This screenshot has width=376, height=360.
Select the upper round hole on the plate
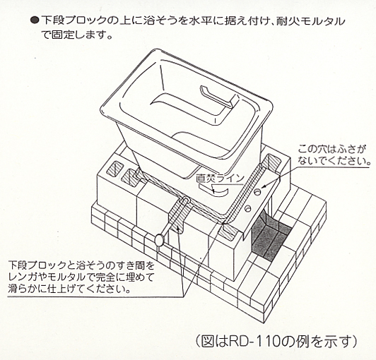[x=257, y=191]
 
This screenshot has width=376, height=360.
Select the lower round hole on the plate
[x=247, y=209]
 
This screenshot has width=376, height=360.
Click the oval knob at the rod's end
[x=160, y=240]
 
